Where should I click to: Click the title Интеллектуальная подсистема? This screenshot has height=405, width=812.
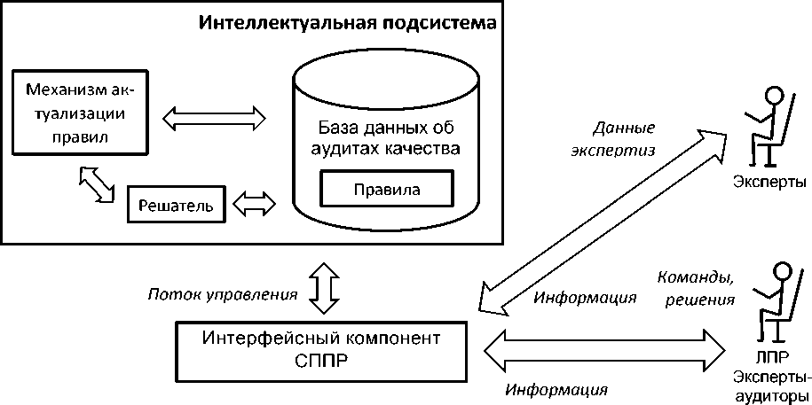pos(347,21)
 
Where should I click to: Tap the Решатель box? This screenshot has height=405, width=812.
pos(177,206)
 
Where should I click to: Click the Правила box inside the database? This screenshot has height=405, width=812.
pos(387,189)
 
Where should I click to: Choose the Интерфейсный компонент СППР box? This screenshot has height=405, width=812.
pos(321,350)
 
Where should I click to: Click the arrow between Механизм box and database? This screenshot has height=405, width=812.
pos(217,115)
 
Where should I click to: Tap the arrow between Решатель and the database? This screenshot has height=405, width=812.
pos(254,205)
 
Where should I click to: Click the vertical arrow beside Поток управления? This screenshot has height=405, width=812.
pos(322,286)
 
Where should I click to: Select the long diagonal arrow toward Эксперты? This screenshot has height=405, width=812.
pos(603,222)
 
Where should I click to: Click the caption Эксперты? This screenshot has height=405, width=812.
pos(769,182)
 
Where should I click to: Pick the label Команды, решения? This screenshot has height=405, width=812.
pos(696,287)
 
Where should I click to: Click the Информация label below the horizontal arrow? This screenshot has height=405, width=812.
pos(556,389)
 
